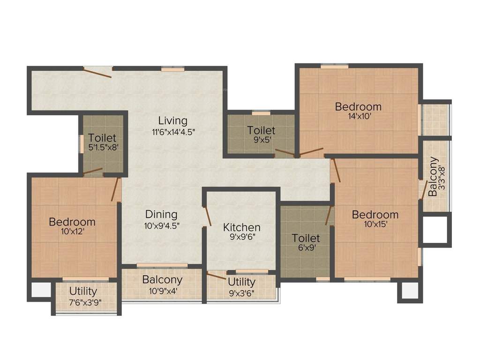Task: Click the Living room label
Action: pyautogui.click(x=172, y=120)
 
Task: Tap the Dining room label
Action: pyautogui.click(x=161, y=214)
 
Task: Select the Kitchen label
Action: pyautogui.click(x=241, y=227)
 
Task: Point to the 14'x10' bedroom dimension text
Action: pyautogui.click(x=358, y=117)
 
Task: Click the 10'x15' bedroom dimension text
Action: pyautogui.click(x=375, y=225)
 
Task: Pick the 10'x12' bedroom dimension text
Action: pyautogui.click(x=72, y=231)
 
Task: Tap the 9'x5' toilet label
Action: pyautogui.click(x=261, y=140)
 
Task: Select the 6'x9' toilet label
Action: pyautogui.click(x=306, y=248)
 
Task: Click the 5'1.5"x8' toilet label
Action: pyautogui.click(x=103, y=148)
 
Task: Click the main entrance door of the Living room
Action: pyautogui.click(x=97, y=72)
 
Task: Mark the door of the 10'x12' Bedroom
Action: pyautogui.click(x=115, y=189)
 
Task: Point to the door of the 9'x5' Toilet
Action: pyautogui.click(x=284, y=153)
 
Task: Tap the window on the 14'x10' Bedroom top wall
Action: pyautogui.click(x=334, y=67)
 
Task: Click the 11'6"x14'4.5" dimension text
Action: pyautogui.click(x=172, y=132)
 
